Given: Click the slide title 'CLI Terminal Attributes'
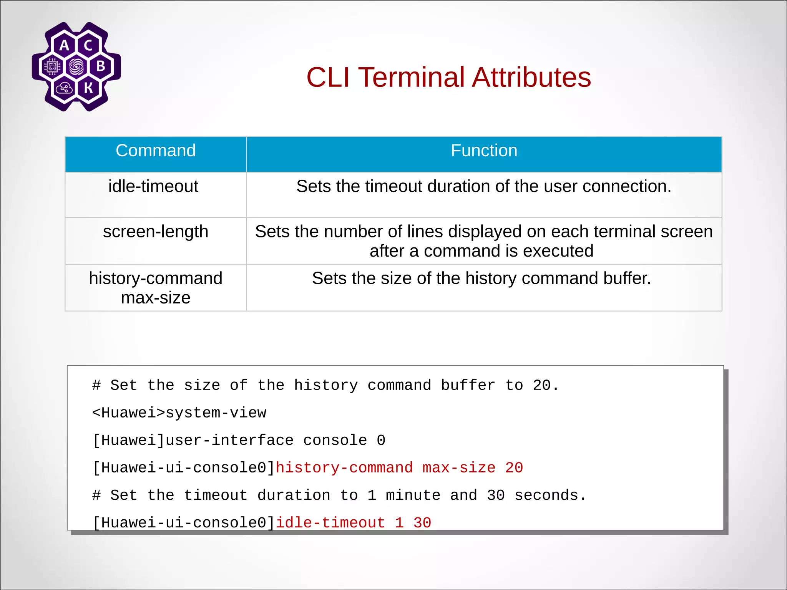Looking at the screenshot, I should click(448, 77).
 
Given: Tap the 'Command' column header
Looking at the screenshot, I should click(156, 151).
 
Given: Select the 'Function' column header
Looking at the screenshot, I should click(484, 151).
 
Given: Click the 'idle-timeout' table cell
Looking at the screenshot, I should click(153, 187).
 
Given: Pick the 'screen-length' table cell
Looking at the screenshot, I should click(156, 232).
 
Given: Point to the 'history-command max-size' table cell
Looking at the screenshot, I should click(156, 288).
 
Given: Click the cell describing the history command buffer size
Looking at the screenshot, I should click(481, 278).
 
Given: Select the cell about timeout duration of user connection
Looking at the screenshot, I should click(483, 187).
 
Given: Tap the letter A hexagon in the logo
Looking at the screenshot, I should click(64, 45).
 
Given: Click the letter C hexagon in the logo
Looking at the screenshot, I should click(88, 45).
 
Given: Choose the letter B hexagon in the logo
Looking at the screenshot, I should click(101, 66).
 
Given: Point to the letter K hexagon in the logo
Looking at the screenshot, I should click(88, 88).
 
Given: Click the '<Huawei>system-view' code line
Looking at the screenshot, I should click(179, 413).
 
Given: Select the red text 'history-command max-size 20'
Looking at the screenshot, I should click(399, 468).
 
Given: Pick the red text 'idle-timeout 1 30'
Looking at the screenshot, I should click(353, 523).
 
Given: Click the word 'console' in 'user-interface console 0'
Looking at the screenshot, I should click(335, 441).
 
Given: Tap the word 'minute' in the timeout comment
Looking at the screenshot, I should click(413, 496).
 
